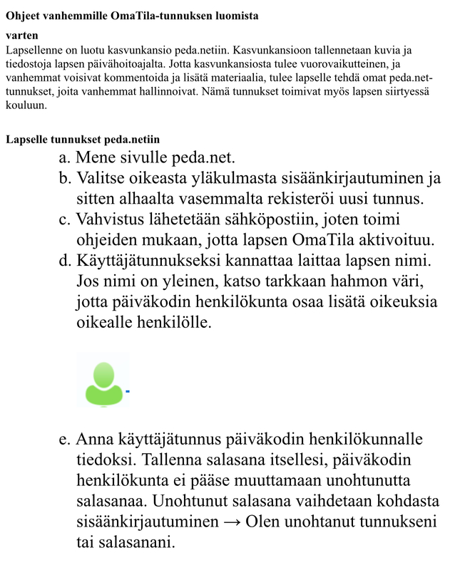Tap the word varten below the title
(x=21, y=34)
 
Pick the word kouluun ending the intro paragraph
(x=26, y=105)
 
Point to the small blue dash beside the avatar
(x=128, y=391)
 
